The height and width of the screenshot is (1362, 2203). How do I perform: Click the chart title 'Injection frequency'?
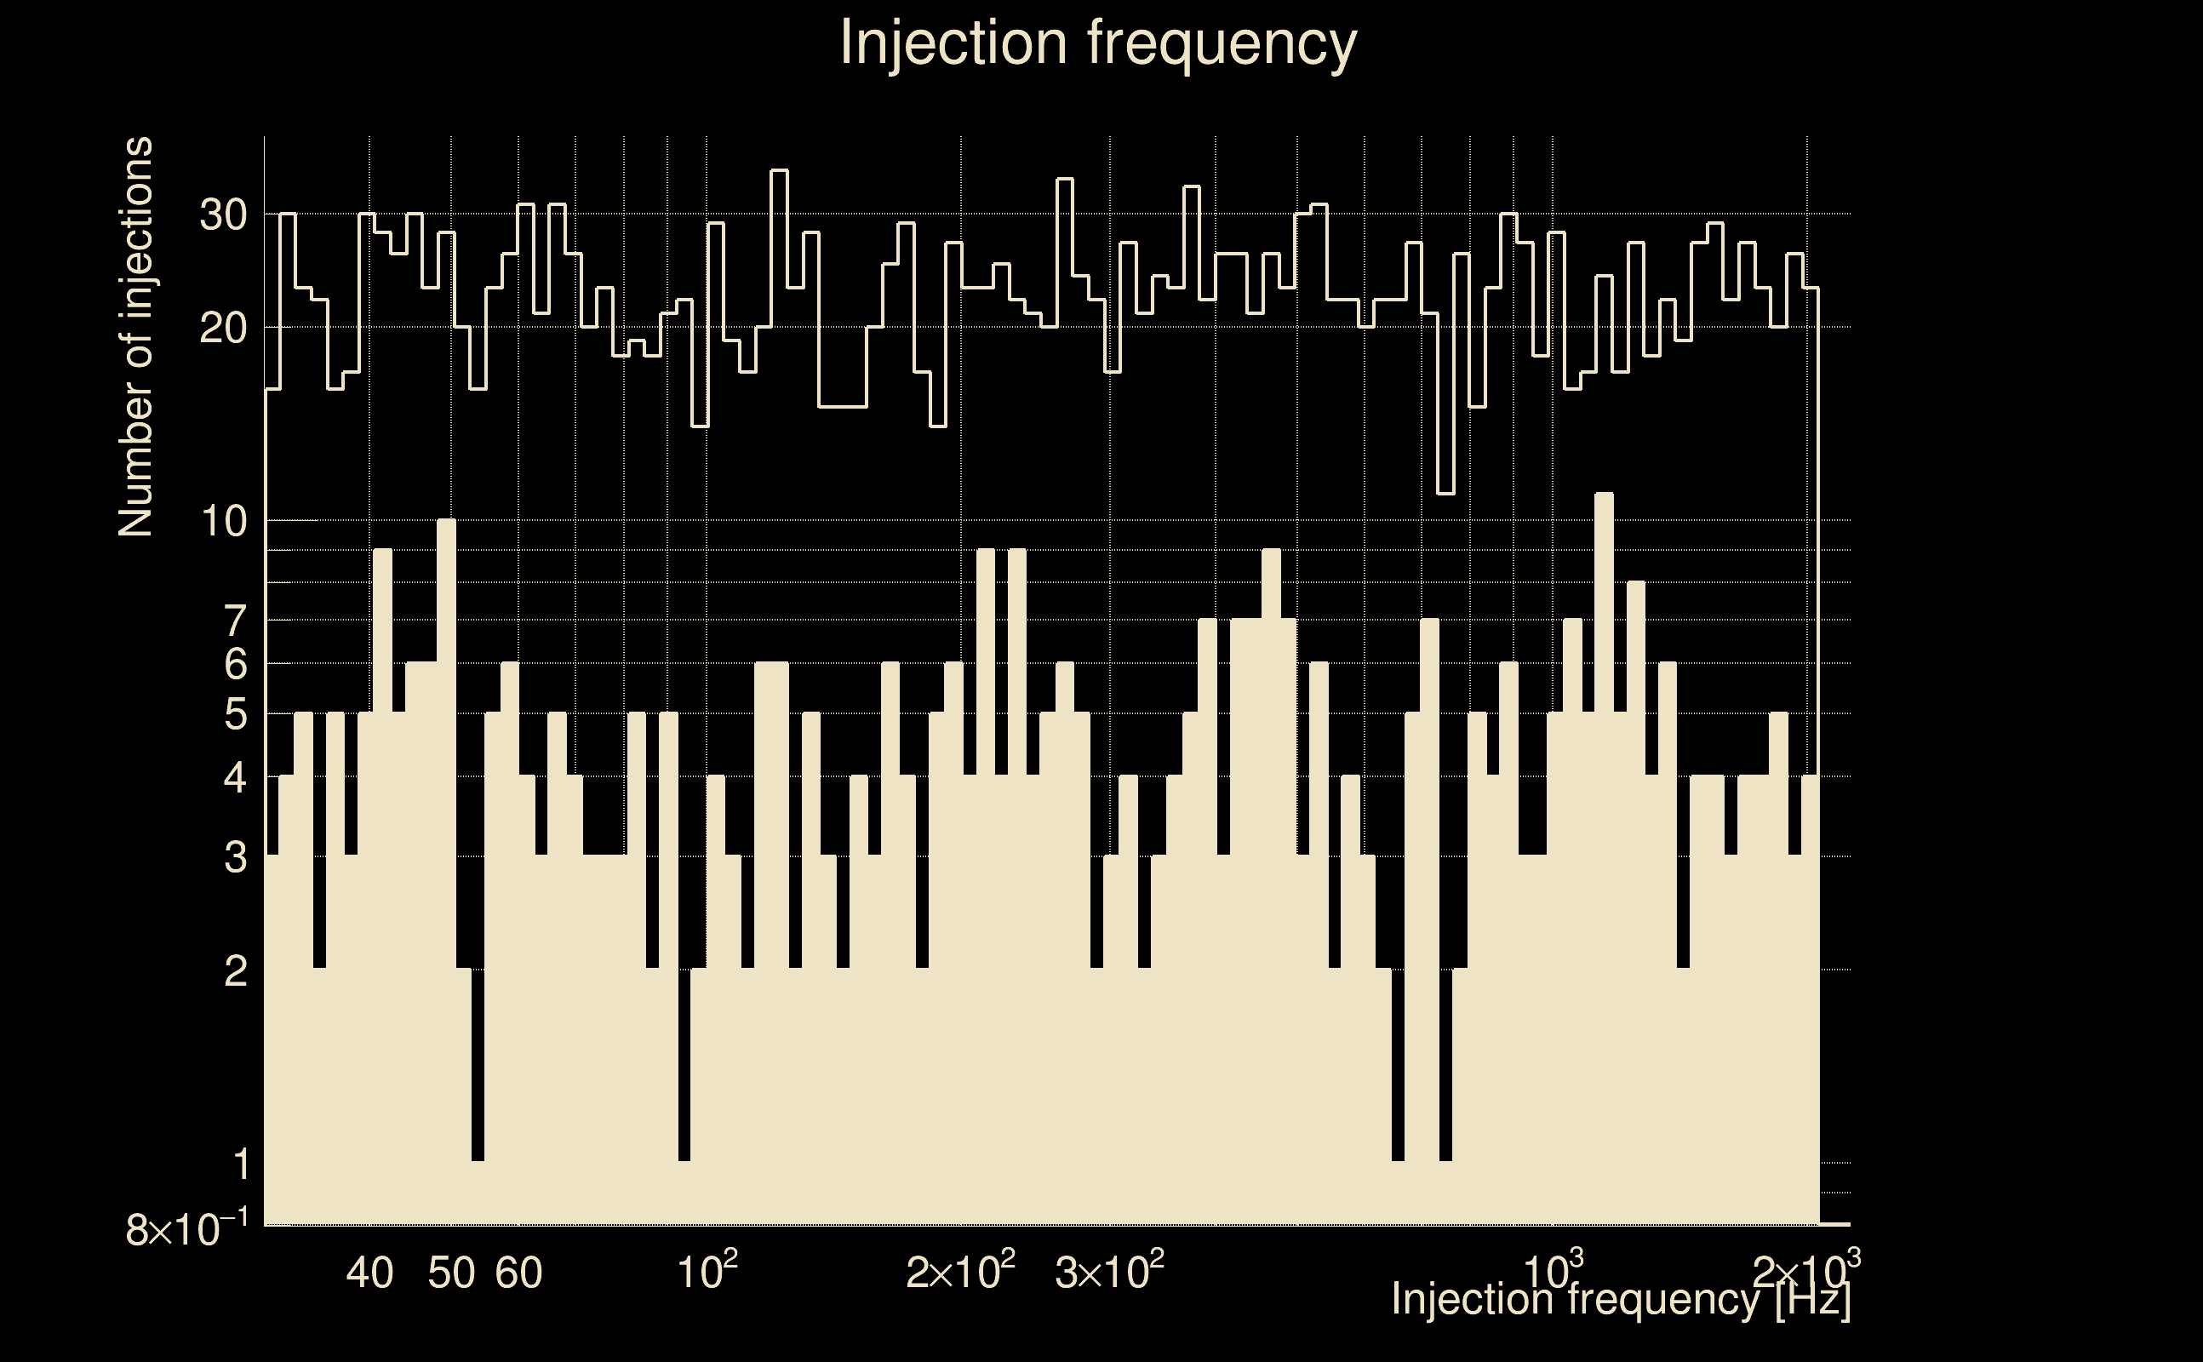(1098, 43)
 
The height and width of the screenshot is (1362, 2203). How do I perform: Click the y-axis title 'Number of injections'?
(135, 337)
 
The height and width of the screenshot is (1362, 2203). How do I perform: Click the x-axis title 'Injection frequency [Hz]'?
(1620, 1299)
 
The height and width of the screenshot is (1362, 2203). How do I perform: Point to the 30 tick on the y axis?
(222, 215)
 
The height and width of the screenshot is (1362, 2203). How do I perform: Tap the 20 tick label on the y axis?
(222, 329)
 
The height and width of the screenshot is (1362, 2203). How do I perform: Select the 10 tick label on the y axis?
(222, 522)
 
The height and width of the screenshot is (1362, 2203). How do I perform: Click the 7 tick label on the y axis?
(235, 621)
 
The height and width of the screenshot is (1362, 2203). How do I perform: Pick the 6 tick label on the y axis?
(235, 665)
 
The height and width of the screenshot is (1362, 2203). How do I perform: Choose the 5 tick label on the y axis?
(235, 715)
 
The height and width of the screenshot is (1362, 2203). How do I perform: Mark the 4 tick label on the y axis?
(235, 777)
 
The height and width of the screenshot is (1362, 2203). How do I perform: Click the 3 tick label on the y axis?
(235, 857)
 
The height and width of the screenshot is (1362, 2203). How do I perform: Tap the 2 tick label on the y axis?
(235, 971)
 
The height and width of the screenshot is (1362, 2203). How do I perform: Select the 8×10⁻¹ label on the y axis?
(186, 1228)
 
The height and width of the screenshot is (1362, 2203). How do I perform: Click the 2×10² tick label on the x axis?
(960, 1271)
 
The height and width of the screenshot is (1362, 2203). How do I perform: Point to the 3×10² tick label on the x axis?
(1108, 1271)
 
